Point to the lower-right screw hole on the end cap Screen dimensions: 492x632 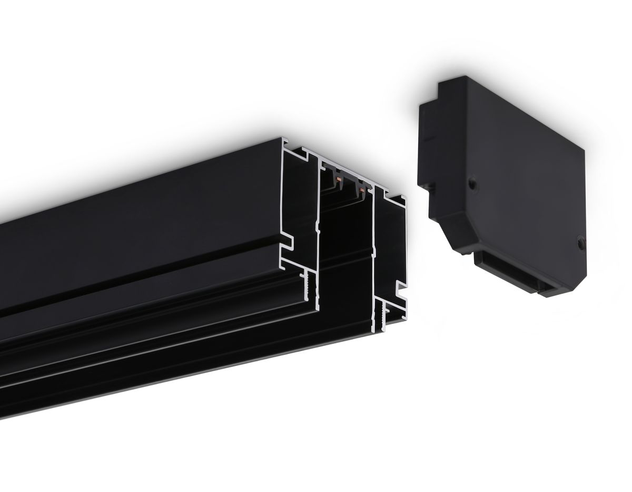[x=580, y=242]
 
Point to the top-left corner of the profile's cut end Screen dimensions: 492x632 [x=284, y=141]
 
